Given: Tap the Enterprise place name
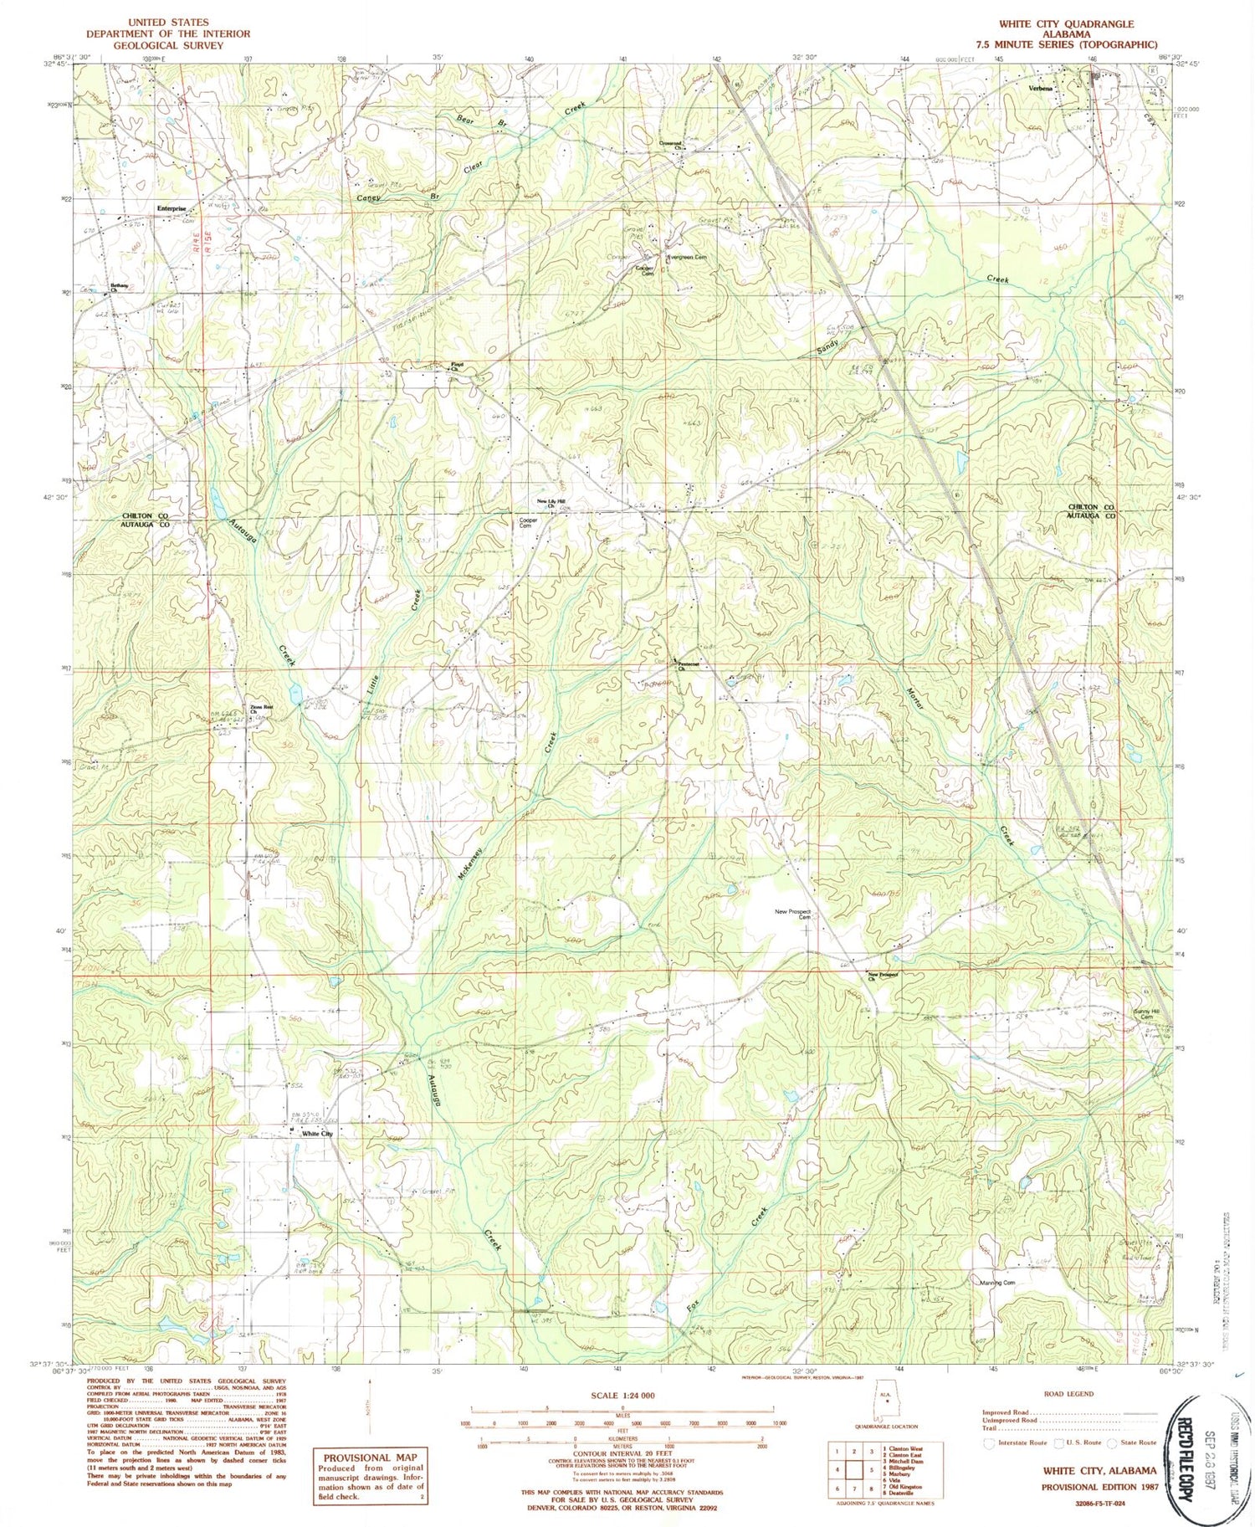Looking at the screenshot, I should [x=171, y=209].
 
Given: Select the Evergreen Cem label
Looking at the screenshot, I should [x=689, y=258].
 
